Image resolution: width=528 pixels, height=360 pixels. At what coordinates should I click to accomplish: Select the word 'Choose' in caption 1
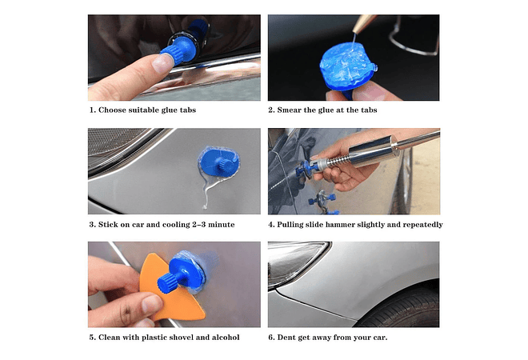(111, 110)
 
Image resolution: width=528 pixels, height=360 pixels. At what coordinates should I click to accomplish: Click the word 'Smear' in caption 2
(291, 110)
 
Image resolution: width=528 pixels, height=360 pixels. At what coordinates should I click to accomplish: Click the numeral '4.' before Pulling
(271, 225)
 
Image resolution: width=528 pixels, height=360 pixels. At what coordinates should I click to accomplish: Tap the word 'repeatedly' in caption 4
(421, 225)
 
